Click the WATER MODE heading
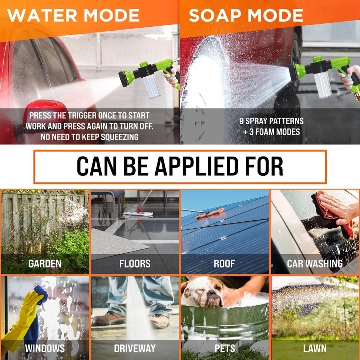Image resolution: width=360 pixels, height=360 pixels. [x=73, y=16]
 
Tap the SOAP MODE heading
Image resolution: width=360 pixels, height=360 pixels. [x=246, y=16]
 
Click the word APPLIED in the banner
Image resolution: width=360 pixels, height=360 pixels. [x=196, y=166]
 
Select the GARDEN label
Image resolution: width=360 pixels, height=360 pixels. [x=45, y=263]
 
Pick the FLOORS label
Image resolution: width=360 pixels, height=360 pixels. [x=135, y=263]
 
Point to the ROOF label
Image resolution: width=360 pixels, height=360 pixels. [x=224, y=263]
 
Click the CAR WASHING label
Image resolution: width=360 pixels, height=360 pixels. [x=315, y=263]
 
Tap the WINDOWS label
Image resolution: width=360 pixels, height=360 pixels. [x=45, y=348]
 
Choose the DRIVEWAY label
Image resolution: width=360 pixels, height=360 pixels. [x=135, y=348]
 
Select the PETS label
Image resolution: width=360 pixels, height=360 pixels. [x=225, y=348]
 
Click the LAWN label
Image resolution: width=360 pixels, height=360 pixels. [x=315, y=348]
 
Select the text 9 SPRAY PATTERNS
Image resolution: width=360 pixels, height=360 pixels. [x=271, y=121]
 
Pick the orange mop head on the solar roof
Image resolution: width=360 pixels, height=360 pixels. [x=210, y=213]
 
